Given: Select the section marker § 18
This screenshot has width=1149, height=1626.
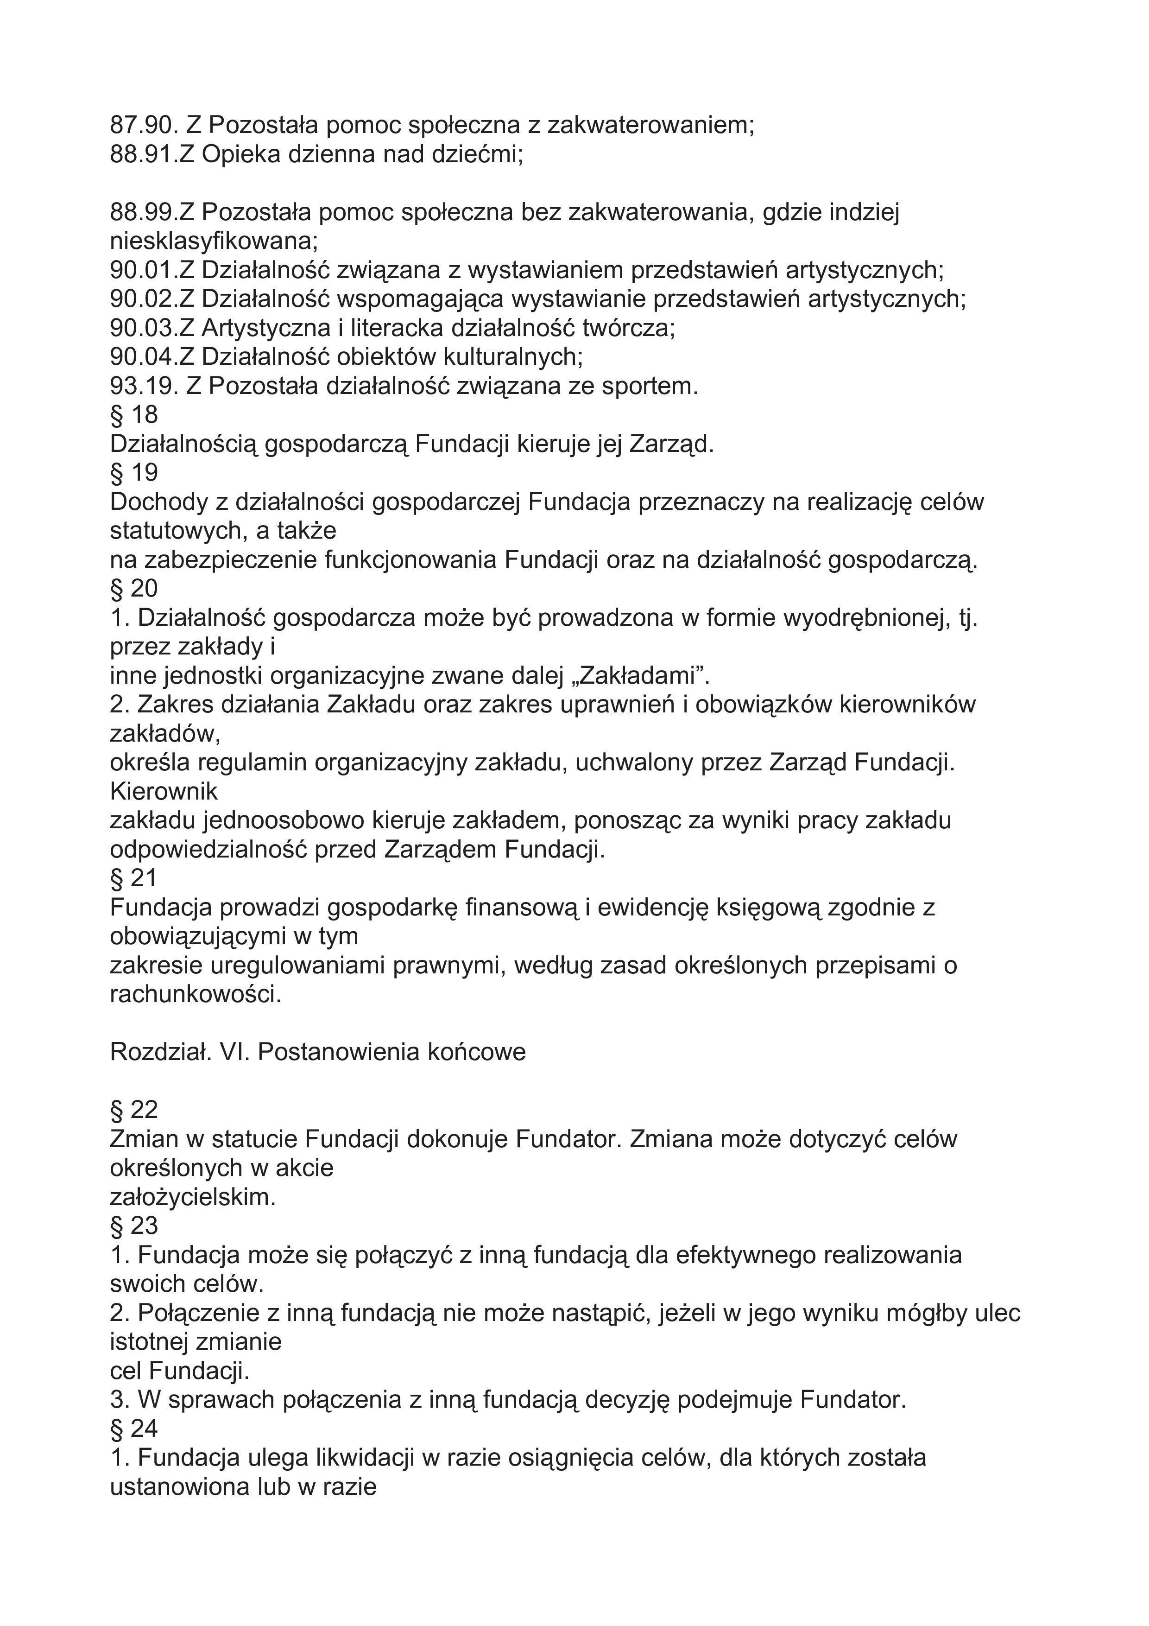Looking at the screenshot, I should click(134, 415).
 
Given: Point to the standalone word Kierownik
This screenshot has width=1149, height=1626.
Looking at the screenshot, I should click(164, 791).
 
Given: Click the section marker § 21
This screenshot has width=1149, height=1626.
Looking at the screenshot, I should click(134, 878).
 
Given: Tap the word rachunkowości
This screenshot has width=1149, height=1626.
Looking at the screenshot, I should click(196, 994).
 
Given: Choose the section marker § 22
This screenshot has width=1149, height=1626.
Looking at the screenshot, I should click(134, 1110).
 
